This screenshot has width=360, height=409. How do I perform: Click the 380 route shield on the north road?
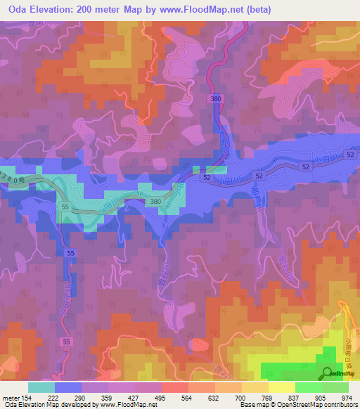215,100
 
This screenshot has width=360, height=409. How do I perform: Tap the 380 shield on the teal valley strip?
156,202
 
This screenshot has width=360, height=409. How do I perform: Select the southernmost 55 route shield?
67,342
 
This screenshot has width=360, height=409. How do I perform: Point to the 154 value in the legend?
26,398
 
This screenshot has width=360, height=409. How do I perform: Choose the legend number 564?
186,398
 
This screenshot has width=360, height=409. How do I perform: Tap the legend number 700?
240,398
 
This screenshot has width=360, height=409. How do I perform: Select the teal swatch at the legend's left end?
41,387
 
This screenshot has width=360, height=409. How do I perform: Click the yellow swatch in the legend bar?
281,387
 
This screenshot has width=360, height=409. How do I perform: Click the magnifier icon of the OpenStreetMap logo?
328,372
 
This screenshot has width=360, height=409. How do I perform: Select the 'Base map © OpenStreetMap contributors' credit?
299,405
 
